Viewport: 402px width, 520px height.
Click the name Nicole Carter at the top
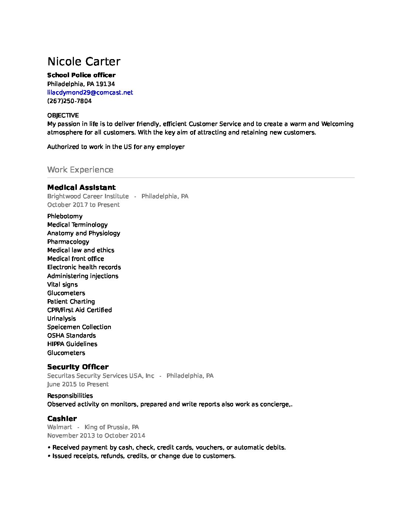coord(84,62)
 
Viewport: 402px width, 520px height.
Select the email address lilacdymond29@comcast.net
coord(90,92)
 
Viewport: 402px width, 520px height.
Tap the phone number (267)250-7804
coord(69,101)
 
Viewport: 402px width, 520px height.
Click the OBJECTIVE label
coord(63,115)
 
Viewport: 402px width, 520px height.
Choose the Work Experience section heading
coord(80,170)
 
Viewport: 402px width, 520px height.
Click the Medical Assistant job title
coord(81,187)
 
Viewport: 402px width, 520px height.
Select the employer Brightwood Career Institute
coord(88,196)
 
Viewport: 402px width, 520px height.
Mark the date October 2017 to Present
coord(84,205)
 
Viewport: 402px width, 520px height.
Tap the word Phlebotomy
coord(65,216)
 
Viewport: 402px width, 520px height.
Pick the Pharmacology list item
coord(68,242)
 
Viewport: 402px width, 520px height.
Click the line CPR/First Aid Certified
coord(79,310)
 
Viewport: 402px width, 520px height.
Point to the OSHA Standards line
coord(71,335)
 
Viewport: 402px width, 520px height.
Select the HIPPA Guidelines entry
coord(72,344)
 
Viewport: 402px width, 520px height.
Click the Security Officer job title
coord(78,367)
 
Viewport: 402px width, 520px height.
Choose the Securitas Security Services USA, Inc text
coord(100,376)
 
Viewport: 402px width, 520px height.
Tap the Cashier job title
coord(62,418)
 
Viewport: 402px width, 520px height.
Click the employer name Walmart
coord(59,427)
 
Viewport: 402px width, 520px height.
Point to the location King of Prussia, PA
coord(112,427)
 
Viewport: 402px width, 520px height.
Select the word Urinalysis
coord(61,318)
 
